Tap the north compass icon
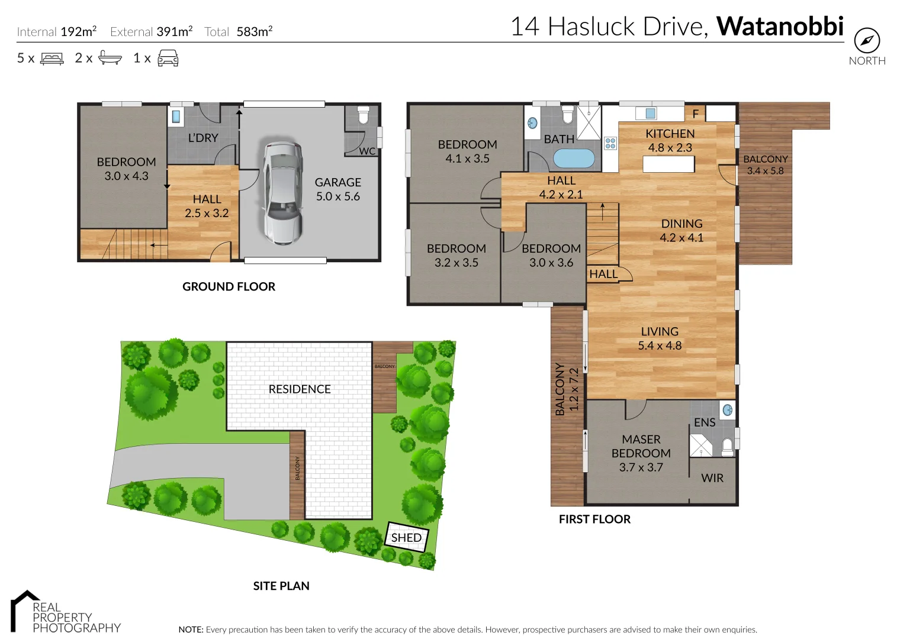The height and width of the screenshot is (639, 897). pos(866,41)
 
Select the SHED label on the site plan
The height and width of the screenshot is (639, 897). pos(406,537)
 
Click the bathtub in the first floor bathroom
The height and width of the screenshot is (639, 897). pos(574,159)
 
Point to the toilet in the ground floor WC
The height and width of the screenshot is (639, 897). pos(363,114)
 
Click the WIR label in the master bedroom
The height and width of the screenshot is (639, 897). pos(712,478)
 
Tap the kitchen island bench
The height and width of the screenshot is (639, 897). pos(668,164)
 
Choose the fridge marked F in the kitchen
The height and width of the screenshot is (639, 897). pos(695,113)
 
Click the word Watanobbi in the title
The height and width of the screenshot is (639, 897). pos(780,27)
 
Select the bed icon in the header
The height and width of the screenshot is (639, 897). pos(52,59)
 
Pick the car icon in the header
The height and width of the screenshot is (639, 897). pos(168,58)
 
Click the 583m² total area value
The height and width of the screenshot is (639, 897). pos(254,32)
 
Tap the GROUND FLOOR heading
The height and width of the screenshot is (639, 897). pos(229,286)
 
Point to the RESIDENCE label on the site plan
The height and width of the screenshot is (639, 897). pos(300,389)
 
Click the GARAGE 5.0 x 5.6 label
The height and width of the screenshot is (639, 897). pos(337,189)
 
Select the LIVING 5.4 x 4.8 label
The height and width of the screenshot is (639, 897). pos(660,338)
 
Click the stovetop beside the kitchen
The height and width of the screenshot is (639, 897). pos(610,143)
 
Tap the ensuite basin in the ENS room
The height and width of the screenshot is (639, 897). pos(728,409)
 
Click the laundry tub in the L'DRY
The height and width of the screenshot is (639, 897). pos(176,116)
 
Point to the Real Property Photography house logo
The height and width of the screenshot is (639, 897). pos(24,609)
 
